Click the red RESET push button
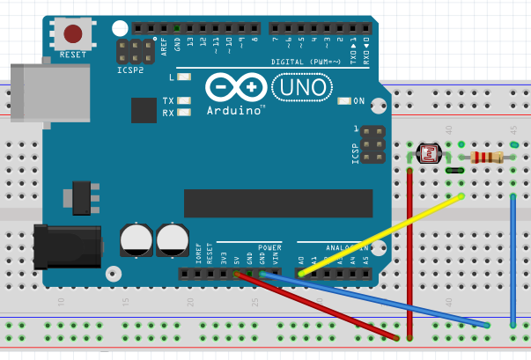[x=73, y=33]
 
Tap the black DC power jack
[x=66, y=247]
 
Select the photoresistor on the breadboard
[x=430, y=154]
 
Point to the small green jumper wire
[x=455, y=170]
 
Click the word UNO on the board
[x=299, y=88]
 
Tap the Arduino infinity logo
[x=236, y=88]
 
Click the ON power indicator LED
[x=344, y=101]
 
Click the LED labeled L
[x=184, y=78]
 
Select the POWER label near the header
[x=269, y=247]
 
